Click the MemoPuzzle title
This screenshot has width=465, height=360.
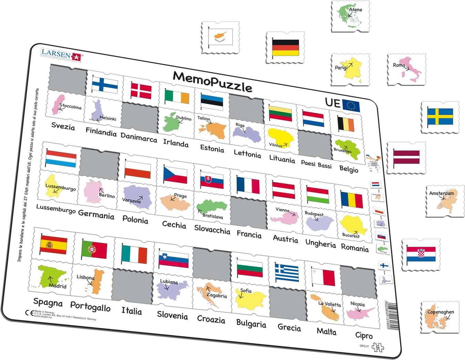coord(212,81)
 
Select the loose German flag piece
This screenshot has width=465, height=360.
coord(285,47)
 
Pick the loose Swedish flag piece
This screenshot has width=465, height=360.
coord(440,117)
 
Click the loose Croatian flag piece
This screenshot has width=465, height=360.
coord(421,254)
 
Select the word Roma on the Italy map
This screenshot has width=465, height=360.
coord(399,65)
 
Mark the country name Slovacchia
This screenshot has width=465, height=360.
coord(212,229)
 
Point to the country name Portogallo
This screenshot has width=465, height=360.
coord(90,306)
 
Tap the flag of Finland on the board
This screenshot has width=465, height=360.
coord(105,84)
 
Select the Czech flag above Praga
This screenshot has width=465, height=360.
coord(175,175)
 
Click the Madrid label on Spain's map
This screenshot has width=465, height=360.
coord(58,286)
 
